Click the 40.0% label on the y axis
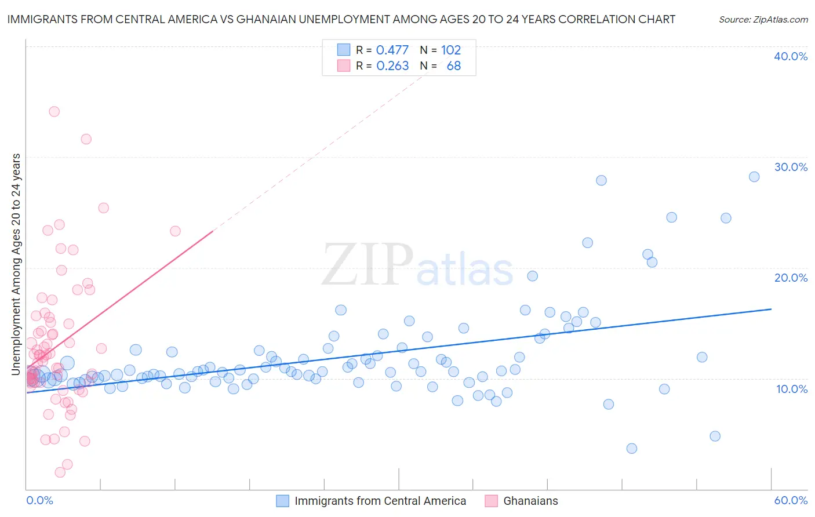click(x=790, y=56)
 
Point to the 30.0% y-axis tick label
click(x=790, y=167)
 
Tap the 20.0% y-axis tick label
click(x=790, y=278)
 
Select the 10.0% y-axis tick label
click(x=791, y=389)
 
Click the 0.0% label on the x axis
click(x=39, y=500)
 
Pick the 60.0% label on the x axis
click(x=790, y=500)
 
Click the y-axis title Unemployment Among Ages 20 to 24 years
click(x=16, y=264)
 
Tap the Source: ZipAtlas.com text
click(x=763, y=19)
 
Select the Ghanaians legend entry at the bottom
click(x=530, y=501)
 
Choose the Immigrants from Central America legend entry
click(x=380, y=501)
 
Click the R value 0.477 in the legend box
click(x=392, y=50)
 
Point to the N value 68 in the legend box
click(x=453, y=66)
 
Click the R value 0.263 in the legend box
click(x=392, y=66)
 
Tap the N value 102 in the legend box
click(x=450, y=50)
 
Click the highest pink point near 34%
click(x=54, y=111)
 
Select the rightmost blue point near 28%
click(x=754, y=177)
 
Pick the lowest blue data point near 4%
click(x=631, y=448)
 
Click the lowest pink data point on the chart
click(x=60, y=472)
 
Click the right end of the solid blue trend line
click(x=771, y=309)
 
